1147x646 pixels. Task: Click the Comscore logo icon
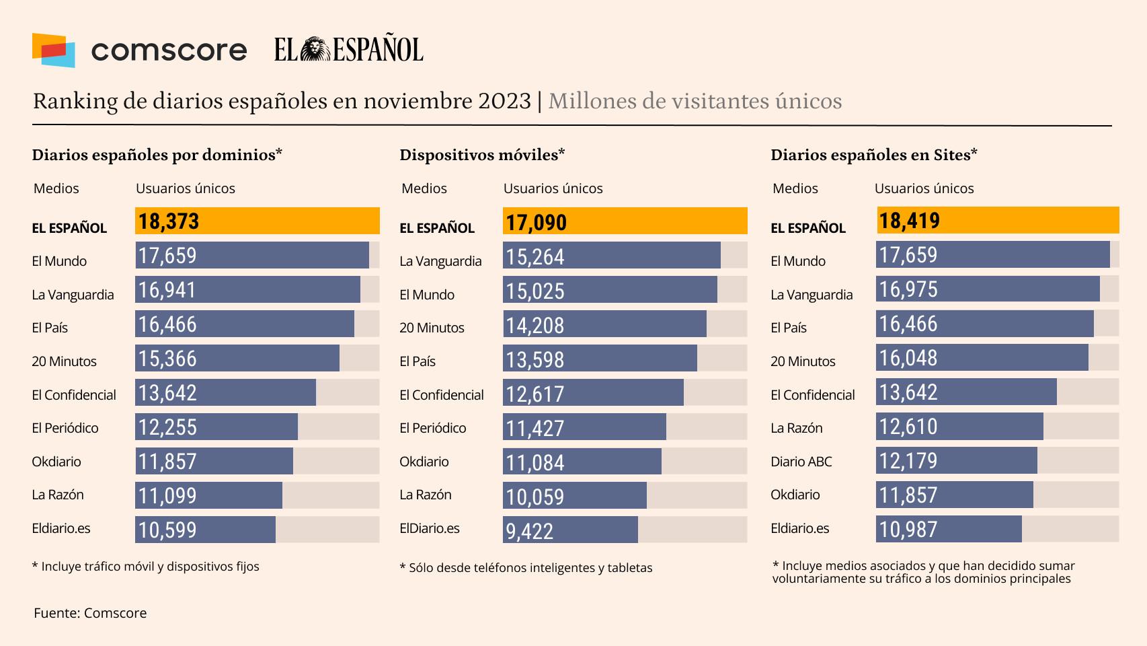tap(53, 50)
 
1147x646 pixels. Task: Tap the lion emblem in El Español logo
tap(315, 50)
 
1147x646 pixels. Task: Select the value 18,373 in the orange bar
tap(169, 221)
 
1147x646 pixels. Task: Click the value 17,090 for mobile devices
tap(536, 223)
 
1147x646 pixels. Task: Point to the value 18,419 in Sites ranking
tap(909, 221)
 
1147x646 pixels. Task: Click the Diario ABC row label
tap(801, 462)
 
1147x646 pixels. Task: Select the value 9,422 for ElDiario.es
tap(529, 532)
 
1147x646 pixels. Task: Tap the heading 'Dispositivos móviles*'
tap(482, 155)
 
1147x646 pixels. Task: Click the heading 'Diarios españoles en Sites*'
tap(873, 155)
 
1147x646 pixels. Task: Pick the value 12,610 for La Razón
tap(908, 427)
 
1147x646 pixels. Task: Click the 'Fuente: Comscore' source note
tap(90, 613)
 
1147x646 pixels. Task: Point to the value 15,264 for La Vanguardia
tap(535, 257)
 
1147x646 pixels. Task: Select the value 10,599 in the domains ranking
tap(167, 530)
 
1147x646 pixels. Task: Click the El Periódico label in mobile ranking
tap(432, 428)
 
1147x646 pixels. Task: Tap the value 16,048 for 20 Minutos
tap(908, 358)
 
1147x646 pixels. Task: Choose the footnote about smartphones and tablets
tap(526, 568)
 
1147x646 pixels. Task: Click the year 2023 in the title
tap(504, 101)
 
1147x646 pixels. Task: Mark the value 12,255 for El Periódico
tap(167, 427)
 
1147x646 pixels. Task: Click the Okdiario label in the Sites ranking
tap(795, 495)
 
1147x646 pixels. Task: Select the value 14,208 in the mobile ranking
tap(535, 326)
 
